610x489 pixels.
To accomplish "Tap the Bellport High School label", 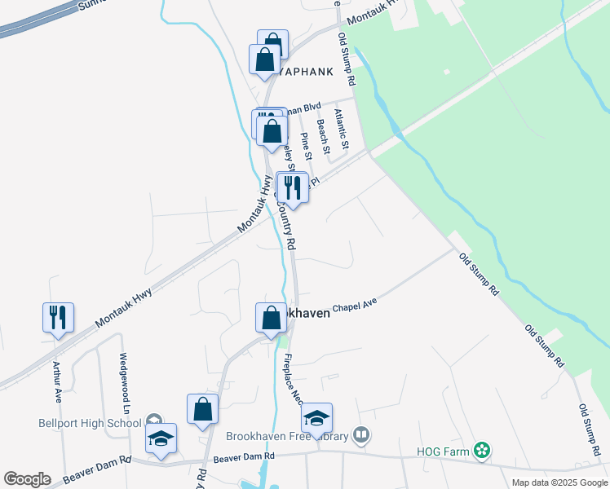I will (x=90, y=423).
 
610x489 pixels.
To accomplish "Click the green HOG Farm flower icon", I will (x=482, y=450).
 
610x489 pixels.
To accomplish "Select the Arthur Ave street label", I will (x=58, y=383).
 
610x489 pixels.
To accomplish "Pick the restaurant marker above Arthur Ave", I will (x=58, y=316).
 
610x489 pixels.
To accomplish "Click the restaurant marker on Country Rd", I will (x=293, y=187).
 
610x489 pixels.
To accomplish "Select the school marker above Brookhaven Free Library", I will (x=316, y=419).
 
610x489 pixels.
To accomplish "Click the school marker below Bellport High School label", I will (x=161, y=438).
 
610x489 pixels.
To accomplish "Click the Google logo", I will (x=27, y=479).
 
